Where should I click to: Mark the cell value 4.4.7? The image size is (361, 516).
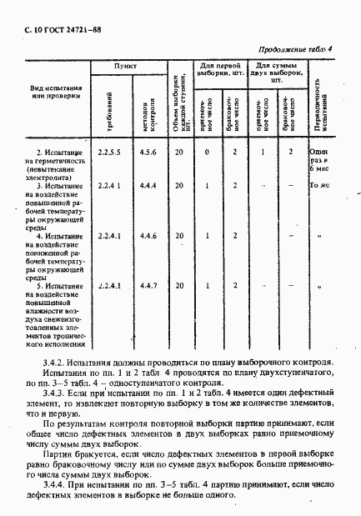(146, 286)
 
